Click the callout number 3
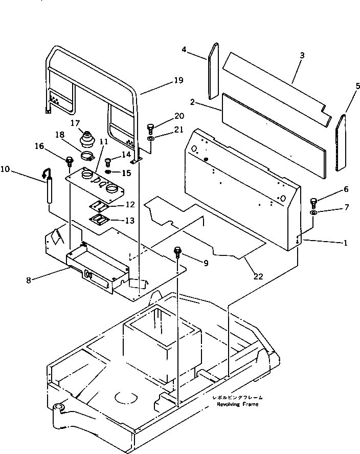point(302,54)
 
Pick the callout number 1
point(346,243)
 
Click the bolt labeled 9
point(178,251)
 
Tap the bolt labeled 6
point(314,201)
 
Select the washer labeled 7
point(314,212)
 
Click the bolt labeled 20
point(150,127)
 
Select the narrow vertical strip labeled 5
point(341,142)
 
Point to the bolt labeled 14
point(108,162)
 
